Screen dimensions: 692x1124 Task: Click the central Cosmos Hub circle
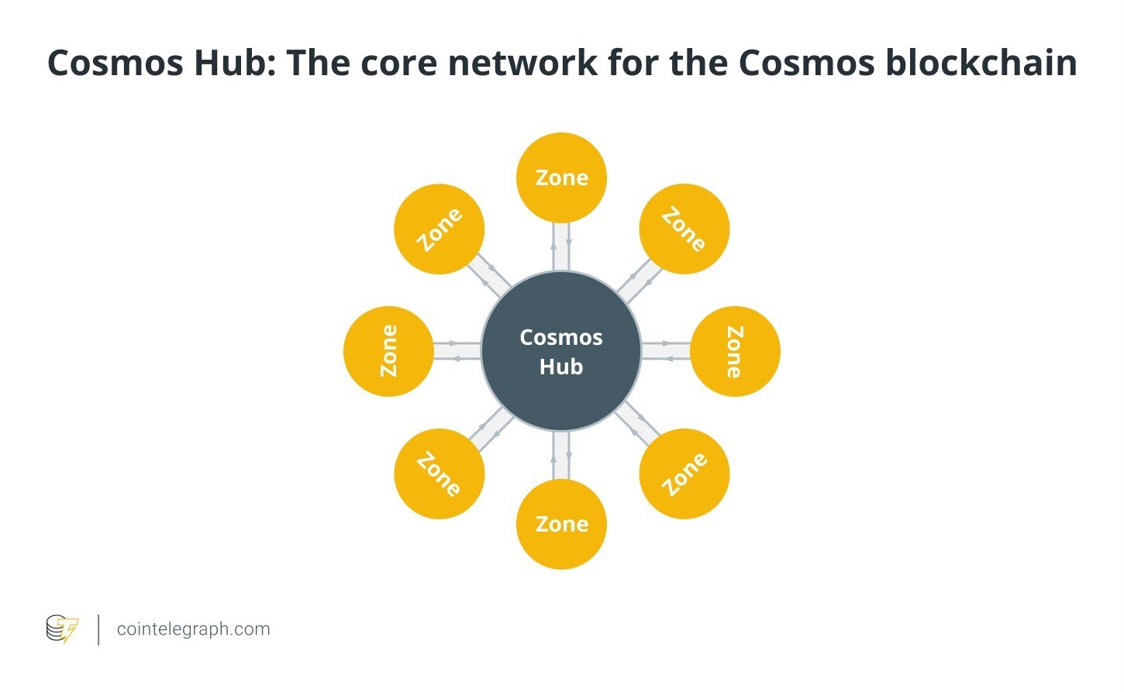561,351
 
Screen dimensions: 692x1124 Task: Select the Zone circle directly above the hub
561,177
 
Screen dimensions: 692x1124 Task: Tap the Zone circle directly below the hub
561,524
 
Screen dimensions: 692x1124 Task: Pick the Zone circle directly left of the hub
388,351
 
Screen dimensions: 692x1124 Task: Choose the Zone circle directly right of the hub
735,351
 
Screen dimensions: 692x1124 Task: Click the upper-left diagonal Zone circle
440,229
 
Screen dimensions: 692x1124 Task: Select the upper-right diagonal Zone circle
684,229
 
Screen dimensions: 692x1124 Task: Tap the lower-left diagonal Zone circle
440,473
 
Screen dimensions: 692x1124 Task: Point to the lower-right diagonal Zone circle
684,473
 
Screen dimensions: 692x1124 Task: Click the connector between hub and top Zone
561,246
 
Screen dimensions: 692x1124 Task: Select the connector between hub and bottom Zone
561,455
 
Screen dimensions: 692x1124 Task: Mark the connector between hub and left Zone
457,351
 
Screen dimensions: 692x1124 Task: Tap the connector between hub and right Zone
666,351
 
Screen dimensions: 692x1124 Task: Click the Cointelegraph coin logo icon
62,628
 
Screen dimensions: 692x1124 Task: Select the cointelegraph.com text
193,628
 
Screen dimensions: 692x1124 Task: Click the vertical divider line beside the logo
98,629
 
